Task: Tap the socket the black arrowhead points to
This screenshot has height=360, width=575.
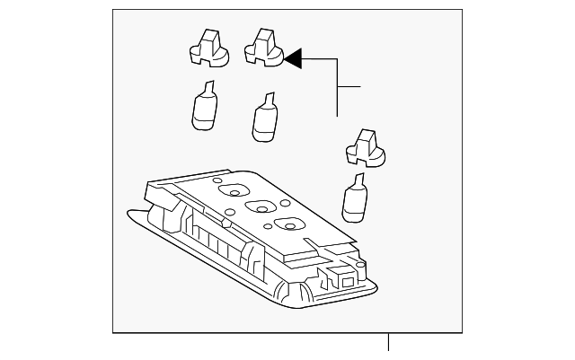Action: [265, 50]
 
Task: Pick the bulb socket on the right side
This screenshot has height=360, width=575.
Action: [366, 150]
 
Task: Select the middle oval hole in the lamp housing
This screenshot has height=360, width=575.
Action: [261, 206]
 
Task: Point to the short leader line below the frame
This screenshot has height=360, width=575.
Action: [389, 342]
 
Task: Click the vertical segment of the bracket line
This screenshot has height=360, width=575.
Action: [337, 90]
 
